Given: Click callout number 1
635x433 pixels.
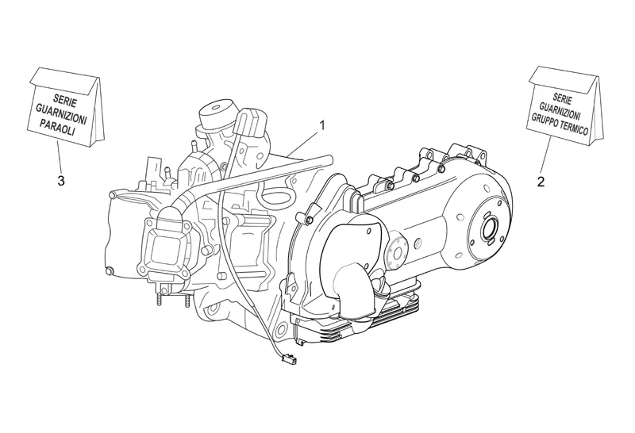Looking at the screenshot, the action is coord(322,125).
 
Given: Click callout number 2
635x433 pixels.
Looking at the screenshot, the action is coord(541,182).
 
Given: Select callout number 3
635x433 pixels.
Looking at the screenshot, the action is coord(61,181).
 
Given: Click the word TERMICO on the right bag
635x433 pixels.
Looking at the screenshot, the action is coord(574,126).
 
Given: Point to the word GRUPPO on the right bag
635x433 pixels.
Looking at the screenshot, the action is coord(545,119).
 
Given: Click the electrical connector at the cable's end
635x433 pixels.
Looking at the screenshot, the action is coord(289,358).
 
